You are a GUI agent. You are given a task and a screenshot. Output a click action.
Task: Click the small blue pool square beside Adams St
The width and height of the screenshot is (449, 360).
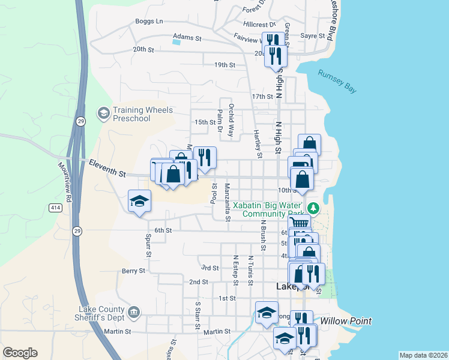[x=175, y=41]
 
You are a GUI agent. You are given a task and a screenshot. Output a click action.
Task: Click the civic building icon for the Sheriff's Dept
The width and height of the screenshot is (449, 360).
[x=134, y=312]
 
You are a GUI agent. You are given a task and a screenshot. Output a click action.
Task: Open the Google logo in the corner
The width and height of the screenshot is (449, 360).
[x=20, y=353]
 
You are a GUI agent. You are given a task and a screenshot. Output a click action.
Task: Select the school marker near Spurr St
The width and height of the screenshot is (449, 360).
[x=139, y=201]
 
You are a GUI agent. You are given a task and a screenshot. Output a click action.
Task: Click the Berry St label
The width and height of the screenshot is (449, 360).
[x=133, y=271]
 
